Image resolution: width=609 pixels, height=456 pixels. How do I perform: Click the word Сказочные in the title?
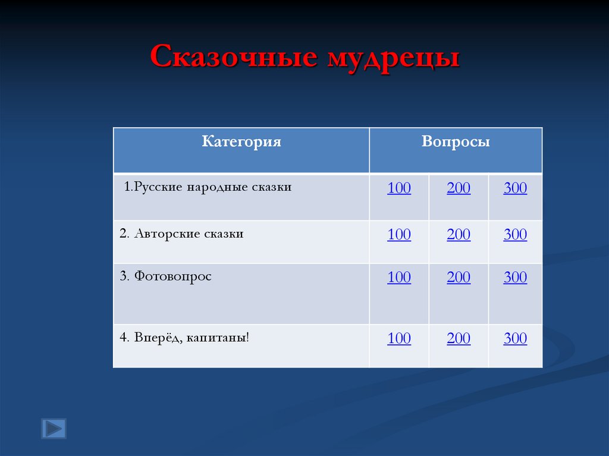tap(233, 58)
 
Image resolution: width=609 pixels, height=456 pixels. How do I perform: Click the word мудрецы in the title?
tap(392, 59)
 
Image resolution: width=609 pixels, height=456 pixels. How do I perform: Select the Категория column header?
tap(241, 142)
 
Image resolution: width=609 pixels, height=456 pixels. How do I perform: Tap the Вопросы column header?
tap(456, 142)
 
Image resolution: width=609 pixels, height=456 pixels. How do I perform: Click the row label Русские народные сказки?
tap(208, 187)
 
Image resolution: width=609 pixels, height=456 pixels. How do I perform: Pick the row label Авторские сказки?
tap(181, 234)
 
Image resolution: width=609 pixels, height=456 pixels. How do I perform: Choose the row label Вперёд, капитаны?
tap(184, 338)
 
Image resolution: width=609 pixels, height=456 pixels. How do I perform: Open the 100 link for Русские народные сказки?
tap(399, 188)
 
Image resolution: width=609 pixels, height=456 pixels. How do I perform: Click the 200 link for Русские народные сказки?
tap(459, 188)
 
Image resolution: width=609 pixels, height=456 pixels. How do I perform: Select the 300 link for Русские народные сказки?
tap(515, 188)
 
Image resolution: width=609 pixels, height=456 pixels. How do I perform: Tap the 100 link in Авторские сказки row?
tap(399, 235)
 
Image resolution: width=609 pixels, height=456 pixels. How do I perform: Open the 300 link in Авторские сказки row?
tap(515, 235)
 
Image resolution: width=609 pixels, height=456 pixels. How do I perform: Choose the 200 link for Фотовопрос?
tap(459, 278)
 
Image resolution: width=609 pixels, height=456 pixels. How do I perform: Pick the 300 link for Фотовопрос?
tap(515, 278)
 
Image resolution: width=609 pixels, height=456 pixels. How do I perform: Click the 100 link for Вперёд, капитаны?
tap(399, 339)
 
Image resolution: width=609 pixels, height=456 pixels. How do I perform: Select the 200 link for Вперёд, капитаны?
tap(459, 339)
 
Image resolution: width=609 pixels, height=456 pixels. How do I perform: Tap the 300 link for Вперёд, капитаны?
tap(515, 339)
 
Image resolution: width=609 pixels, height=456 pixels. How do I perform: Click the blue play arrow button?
tap(54, 428)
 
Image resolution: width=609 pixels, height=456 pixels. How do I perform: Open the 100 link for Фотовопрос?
tap(399, 278)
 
